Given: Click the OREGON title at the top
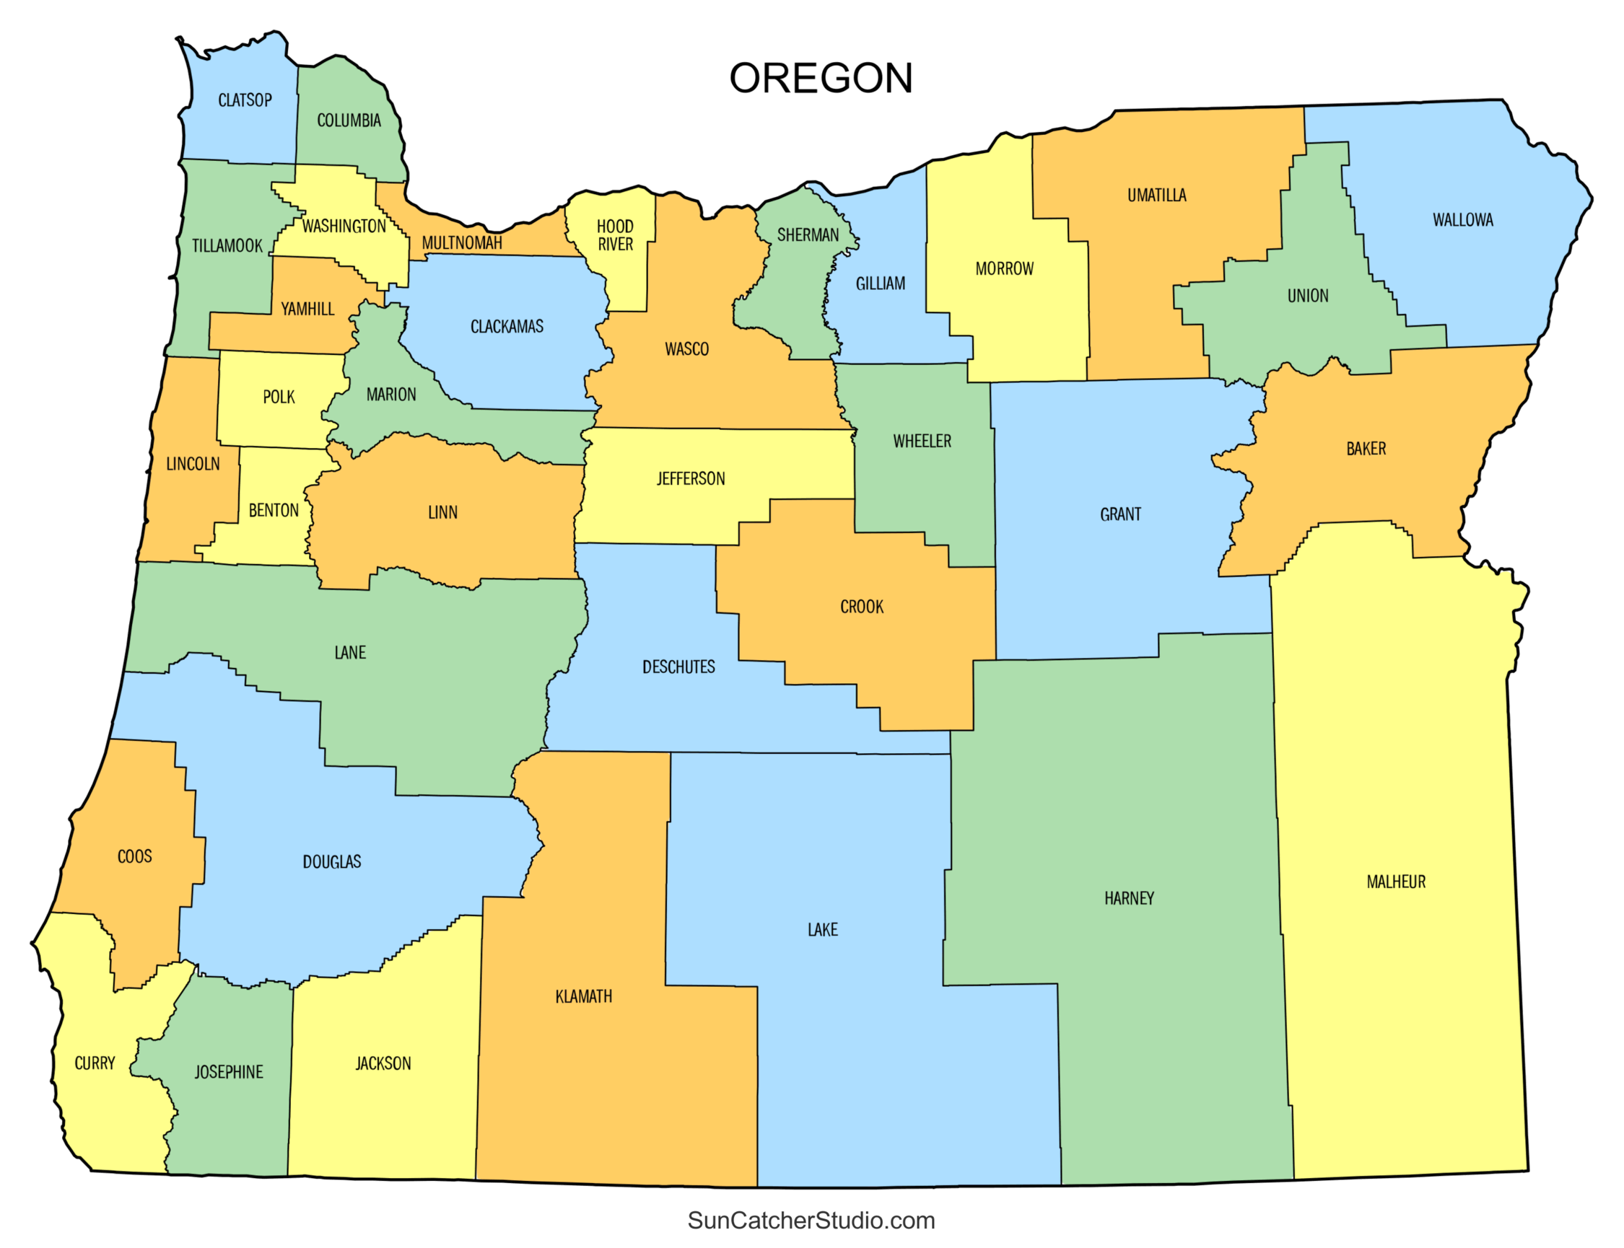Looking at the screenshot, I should (820, 78).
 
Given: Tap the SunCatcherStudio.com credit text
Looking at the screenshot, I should (811, 1220).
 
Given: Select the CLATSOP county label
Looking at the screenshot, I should (245, 100).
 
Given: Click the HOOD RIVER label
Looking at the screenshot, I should (615, 234).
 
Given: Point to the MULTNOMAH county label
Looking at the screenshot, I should (461, 243).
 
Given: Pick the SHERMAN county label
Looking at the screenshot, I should (807, 235).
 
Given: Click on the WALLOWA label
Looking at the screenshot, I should (1462, 220).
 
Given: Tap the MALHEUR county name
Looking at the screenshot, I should (1395, 882).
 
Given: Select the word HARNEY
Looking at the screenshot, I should (1128, 898).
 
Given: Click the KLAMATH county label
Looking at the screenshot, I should (583, 996).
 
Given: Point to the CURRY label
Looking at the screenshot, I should (95, 1063).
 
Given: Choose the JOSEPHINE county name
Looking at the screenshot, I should (228, 1072).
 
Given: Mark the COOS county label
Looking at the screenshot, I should (134, 856).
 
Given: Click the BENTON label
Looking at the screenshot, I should (273, 510).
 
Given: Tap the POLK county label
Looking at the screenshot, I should (279, 397).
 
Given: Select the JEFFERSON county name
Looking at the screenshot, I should (690, 478).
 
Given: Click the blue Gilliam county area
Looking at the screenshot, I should (881, 312).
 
